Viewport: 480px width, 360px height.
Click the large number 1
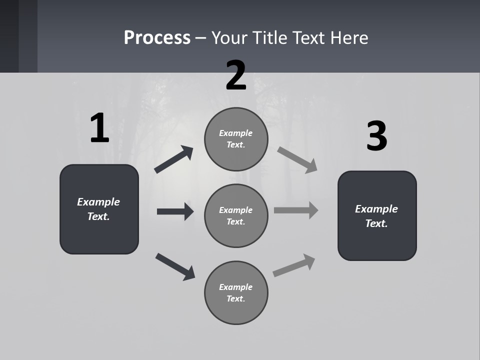click(99, 128)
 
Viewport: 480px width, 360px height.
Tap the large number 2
click(236, 75)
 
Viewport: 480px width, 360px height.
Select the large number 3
click(376, 137)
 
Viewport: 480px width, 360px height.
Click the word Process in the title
click(157, 37)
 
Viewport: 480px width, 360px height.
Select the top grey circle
click(236, 139)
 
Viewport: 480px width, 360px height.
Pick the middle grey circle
click(236, 215)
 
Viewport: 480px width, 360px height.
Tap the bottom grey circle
click(236, 292)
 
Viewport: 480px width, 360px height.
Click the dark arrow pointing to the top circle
click(174, 159)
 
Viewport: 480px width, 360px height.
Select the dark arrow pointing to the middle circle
click(175, 211)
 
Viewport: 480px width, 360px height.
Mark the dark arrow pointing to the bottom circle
click(175, 266)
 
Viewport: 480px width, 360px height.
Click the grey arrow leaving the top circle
click(297, 159)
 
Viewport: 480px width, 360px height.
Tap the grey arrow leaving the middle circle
click(296, 210)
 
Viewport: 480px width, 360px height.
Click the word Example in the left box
click(98, 202)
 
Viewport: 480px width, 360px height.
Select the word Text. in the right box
click(376, 223)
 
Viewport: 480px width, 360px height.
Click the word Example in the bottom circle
click(236, 287)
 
